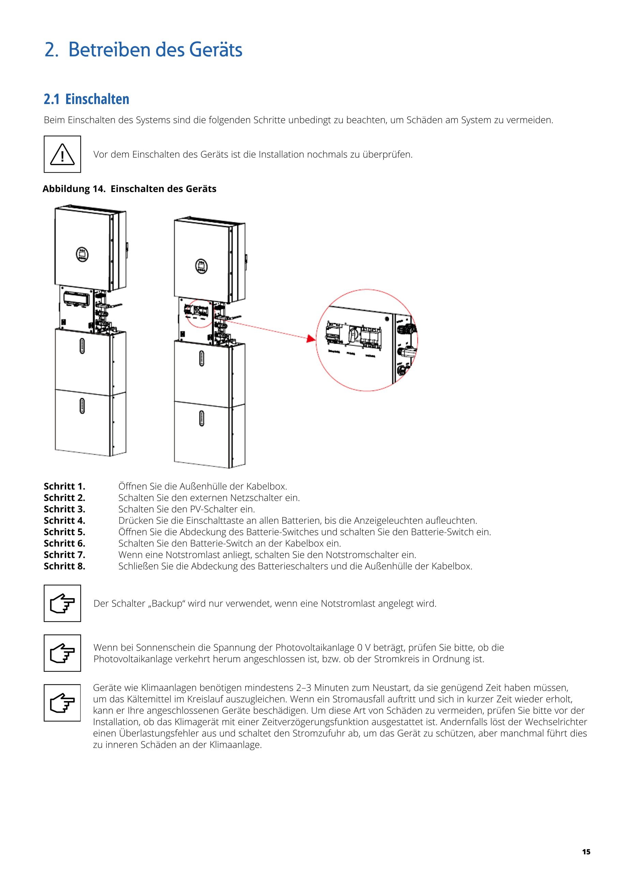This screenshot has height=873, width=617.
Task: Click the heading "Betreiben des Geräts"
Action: click(x=155, y=50)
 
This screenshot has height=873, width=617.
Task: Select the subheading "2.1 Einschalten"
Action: click(x=86, y=99)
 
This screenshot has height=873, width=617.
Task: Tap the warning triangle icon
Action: click(x=62, y=154)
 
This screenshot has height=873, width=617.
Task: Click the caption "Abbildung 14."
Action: click(x=74, y=189)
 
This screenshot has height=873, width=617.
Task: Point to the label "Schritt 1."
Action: click(x=64, y=486)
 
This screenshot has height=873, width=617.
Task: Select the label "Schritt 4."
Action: click(x=64, y=520)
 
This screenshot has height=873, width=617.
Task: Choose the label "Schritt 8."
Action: click(x=64, y=566)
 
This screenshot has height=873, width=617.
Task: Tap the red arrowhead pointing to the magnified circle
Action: click(x=311, y=338)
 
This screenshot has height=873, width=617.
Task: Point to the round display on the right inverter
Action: click(x=201, y=265)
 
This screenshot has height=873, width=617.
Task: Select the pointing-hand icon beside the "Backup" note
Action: click(x=62, y=603)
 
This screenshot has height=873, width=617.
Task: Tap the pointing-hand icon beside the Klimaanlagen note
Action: click(x=62, y=702)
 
